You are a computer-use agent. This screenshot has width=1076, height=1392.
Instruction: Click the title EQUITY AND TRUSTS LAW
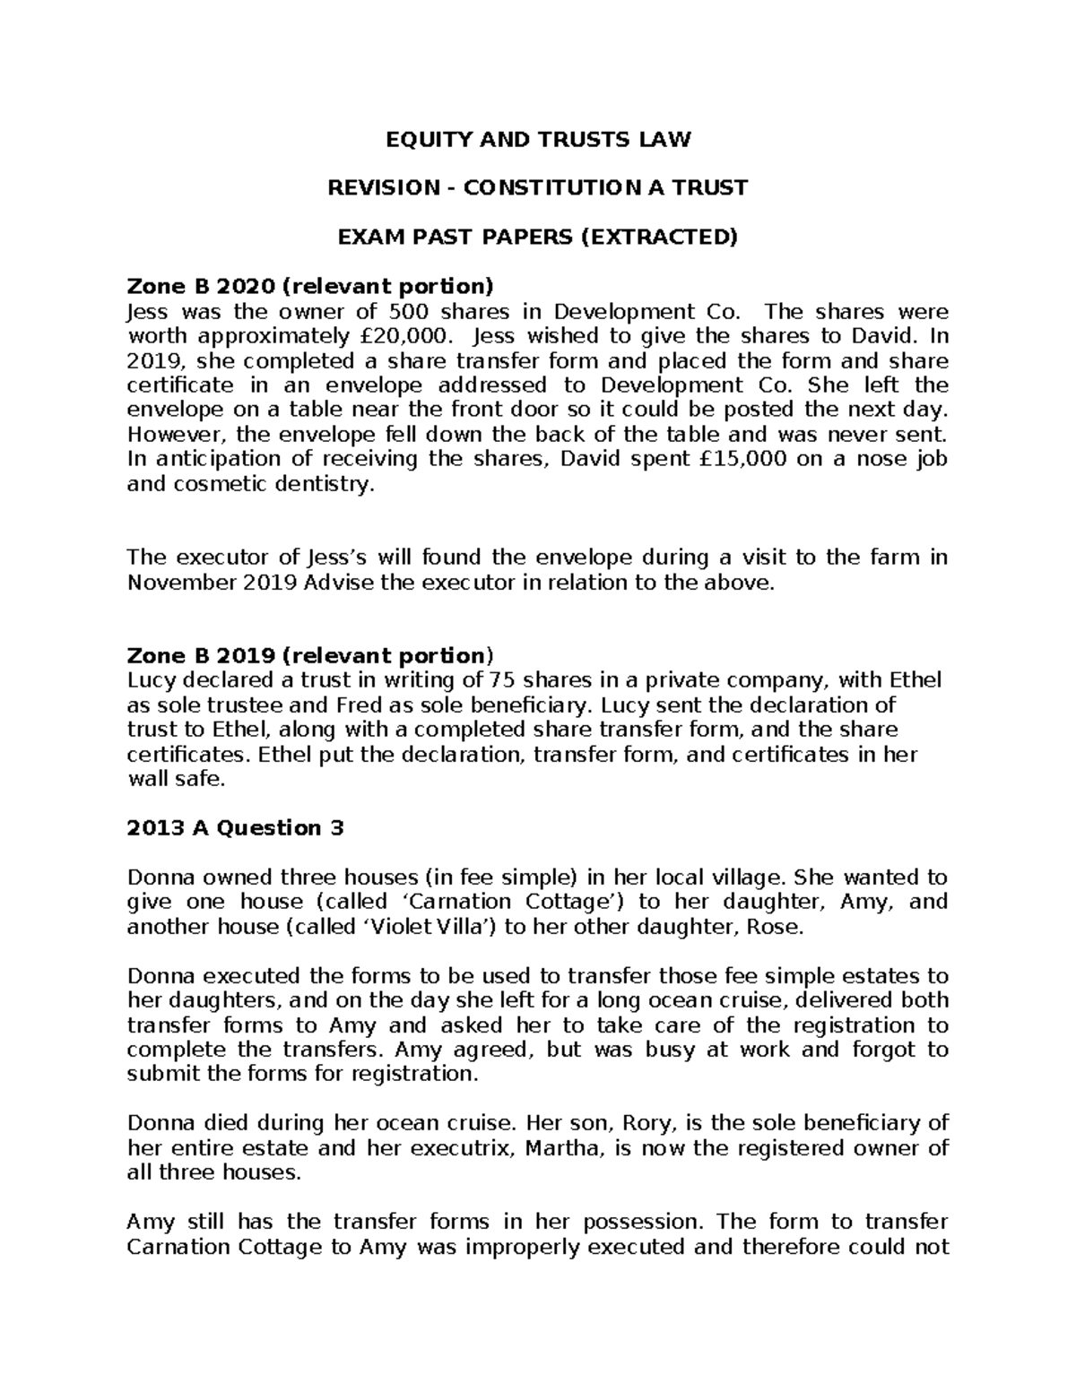pyautogui.click(x=537, y=139)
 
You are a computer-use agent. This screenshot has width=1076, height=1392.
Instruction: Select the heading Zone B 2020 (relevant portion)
pyautogui.click(x=310, y=287)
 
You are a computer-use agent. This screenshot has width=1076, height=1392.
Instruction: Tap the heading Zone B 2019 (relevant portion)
pyautogui.click(x=310, y=654)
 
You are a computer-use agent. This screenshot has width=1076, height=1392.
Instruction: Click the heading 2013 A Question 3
pyautogui.click(x=236, y=827)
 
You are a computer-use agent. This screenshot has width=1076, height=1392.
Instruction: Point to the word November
pyautogui.click(x=181, y=583)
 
